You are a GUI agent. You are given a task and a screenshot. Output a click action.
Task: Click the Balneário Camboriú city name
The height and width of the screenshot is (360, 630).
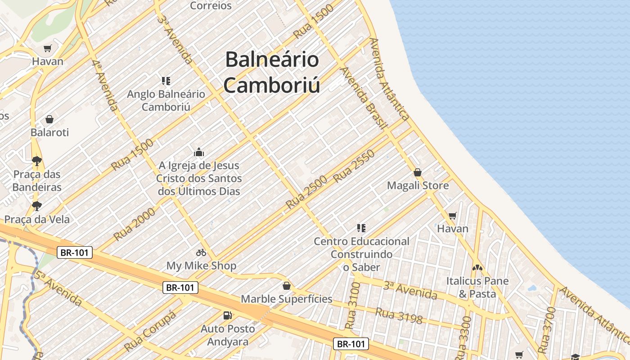[271, 72]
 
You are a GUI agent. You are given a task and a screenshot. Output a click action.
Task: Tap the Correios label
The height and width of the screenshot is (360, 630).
[211, 6]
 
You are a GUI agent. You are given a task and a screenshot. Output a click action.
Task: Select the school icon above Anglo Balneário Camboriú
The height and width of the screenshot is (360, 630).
[166, 81]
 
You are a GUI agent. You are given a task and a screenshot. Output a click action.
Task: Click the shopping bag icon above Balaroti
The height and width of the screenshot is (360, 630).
[49, 119]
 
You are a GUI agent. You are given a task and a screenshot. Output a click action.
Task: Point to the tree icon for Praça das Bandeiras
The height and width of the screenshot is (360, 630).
[37, 161]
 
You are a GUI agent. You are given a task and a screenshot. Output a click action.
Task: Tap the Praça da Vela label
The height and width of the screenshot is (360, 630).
[37, 219]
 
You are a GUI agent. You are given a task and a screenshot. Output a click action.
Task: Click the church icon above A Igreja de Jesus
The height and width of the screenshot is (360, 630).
[198, 152]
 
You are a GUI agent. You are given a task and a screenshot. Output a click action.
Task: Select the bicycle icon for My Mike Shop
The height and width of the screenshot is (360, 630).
[201, 252]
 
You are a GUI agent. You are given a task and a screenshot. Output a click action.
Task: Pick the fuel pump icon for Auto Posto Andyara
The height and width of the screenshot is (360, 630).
[228, 315]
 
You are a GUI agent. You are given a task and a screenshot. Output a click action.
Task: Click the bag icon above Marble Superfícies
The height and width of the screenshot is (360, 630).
[286, 286]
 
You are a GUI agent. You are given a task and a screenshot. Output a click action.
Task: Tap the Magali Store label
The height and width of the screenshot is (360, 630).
[418, 185]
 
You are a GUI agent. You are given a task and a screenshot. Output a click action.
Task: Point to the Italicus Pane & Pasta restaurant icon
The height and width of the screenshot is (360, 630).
[477, 268]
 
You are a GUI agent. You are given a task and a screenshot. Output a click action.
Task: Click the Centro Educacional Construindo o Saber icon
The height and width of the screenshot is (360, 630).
[361, 228]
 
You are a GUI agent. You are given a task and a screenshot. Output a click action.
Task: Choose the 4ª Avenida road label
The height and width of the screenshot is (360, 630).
[105, 85]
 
